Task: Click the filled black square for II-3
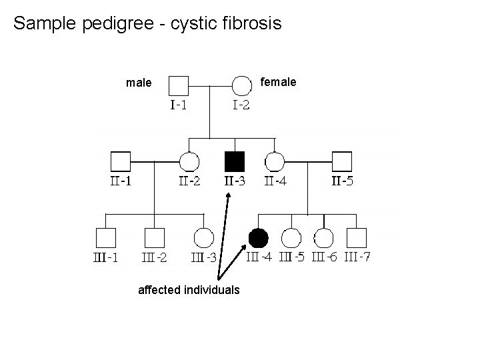point(235,161)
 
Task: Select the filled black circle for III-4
point(258,237)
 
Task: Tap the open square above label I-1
point(178,85)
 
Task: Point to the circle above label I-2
point(241,85)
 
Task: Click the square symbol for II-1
point(120,161)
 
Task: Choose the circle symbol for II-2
point(189,161)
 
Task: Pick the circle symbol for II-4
point(275,161)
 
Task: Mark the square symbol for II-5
point(342,161)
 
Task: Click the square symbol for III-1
point(105,237)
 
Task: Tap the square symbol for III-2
point(155,237)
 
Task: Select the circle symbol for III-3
point(203,237)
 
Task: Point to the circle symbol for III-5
point(291,237)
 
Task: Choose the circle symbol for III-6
point(323,237)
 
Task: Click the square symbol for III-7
point(357,237)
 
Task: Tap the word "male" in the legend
point(139,83)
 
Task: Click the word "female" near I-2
point(278,82)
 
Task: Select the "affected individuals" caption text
point(189,290)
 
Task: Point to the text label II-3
point(234,181)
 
